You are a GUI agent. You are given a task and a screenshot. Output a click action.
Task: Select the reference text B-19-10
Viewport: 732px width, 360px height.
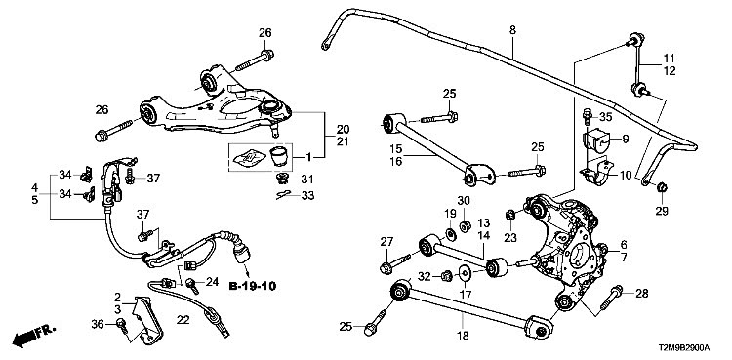(253, 285)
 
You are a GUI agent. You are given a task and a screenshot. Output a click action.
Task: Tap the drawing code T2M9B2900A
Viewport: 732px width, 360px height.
(684, 348)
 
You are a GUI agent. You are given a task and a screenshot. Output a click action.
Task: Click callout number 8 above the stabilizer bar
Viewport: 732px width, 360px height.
(512, 30)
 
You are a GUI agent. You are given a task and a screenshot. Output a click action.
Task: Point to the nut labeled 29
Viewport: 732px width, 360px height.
(662, 188)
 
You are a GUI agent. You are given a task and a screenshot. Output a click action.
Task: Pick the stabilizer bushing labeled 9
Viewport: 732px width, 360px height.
(596, 139)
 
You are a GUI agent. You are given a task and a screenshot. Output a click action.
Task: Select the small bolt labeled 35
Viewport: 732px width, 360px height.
(587, 115)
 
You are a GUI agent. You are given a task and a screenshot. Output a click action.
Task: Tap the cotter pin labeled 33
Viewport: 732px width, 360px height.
(283, 194)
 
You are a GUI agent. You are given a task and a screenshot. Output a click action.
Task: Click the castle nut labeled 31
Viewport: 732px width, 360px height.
(282, 179)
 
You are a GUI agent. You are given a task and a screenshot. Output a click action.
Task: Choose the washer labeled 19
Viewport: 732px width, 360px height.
(452, 233)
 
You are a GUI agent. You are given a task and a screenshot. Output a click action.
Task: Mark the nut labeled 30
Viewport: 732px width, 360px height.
(465, 227)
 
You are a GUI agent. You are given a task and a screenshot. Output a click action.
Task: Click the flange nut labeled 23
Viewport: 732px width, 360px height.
(509, 215)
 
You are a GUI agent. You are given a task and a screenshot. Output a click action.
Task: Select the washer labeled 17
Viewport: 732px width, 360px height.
(465, 273)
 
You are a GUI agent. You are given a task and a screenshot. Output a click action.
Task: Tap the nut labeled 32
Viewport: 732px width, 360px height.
(446, 275)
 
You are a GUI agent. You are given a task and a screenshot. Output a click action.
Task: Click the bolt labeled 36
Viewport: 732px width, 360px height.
(122, 325)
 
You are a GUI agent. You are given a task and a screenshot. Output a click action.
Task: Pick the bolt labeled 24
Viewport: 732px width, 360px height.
(192, 285)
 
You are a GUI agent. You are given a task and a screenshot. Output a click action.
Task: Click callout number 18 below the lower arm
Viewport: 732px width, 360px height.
(463, 335)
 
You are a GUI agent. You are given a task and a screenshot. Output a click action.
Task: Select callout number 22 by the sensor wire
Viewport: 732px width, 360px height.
(183, 320)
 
